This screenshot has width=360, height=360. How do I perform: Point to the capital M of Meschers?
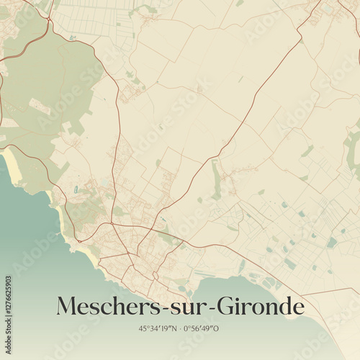coord(67,307)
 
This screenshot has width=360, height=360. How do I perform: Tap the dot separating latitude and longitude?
coord(180,328)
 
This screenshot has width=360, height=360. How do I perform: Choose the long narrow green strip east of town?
coord(216,180)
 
